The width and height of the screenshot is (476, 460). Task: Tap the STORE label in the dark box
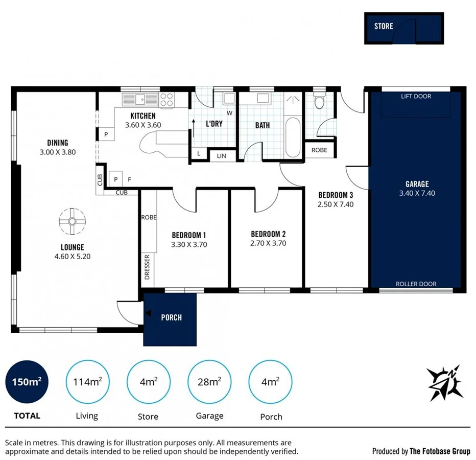384,26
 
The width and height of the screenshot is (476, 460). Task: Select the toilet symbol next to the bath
320,101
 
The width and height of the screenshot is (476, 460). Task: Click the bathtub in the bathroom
293,138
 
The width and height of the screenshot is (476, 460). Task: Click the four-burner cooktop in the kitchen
166,99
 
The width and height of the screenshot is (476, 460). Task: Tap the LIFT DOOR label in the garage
416,96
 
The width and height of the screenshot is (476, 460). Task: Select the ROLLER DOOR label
416,284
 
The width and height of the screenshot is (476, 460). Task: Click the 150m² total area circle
27,382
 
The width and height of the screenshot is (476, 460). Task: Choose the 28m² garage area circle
209,382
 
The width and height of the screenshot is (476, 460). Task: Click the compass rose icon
445,383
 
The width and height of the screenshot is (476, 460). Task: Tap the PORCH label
171,317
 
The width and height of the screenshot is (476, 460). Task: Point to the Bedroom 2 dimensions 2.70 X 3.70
268,244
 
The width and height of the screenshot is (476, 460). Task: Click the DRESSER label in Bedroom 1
147,267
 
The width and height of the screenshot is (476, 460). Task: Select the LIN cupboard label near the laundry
222,155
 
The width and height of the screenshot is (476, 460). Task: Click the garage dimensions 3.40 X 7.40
417,193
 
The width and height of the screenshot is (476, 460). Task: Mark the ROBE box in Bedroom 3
319,150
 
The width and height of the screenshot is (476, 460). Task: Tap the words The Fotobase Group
440,451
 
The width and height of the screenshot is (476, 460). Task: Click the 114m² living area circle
87,382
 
